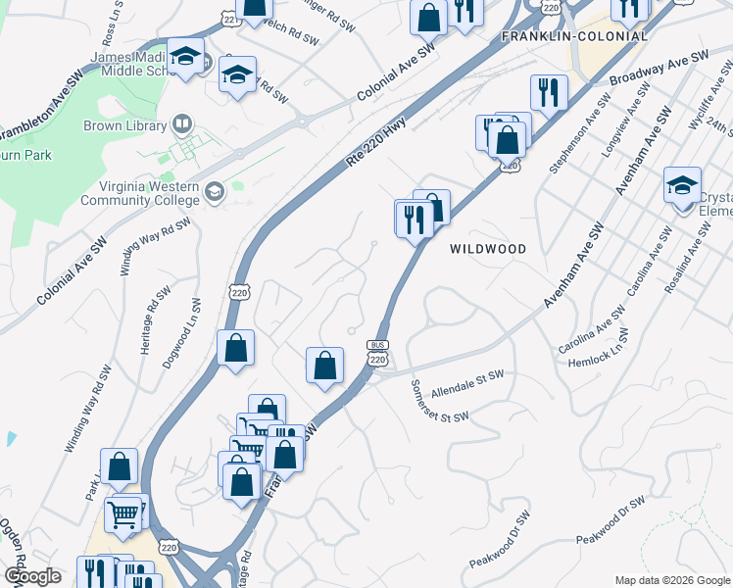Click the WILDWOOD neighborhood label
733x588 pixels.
[x=488, y=249]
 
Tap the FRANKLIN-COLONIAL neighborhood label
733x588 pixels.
[x=574, y=36]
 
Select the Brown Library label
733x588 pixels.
[x=130, y=124]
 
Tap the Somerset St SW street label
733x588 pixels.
[x=439, y=402]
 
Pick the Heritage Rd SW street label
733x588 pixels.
[x=150, y=313]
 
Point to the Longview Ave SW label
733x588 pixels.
[x=629, y=117]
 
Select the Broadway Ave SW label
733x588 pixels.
[x=658, y=69]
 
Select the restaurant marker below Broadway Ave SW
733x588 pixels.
[x=547, y=94]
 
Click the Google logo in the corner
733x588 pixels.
[x=31, y=576]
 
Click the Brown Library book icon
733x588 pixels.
[x=181, y=124]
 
